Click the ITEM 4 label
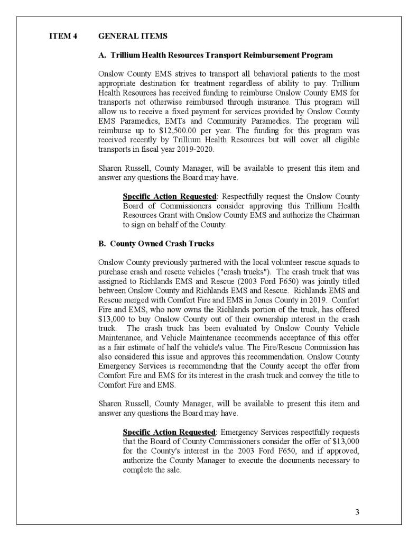(63, 36)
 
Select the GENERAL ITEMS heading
(133, 36)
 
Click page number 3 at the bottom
(357, 511)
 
